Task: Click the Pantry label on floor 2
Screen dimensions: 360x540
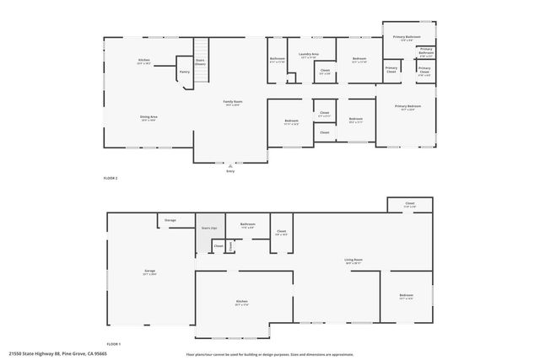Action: [184, 72]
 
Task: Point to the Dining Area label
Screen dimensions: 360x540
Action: [149, 118]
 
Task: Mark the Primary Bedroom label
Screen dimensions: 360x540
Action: [408, 107]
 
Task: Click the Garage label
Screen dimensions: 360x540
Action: [149, 271]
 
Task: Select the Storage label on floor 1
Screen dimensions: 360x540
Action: [170, 220]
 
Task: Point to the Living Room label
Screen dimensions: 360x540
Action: [353, 261]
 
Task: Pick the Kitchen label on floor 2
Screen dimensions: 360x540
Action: [143, 61]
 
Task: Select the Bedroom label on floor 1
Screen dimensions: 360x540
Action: [406, 296]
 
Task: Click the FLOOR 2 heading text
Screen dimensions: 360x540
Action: [110, 179]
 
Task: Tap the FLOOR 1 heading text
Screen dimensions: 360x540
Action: [113, 345]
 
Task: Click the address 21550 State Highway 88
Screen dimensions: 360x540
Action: [58, 354]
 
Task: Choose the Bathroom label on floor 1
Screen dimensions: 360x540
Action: [247, 225]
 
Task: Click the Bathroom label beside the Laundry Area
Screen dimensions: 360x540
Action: [278, 60]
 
